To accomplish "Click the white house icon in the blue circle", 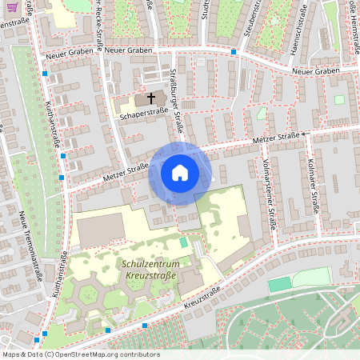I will point(180,173).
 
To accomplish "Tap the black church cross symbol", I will point(150,99).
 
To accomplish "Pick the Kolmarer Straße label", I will point(314,188).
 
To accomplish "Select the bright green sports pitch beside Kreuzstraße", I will point(278,285).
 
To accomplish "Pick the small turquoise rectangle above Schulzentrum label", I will point(184,241).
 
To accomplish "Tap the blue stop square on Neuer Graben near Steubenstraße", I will point(234,51).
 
